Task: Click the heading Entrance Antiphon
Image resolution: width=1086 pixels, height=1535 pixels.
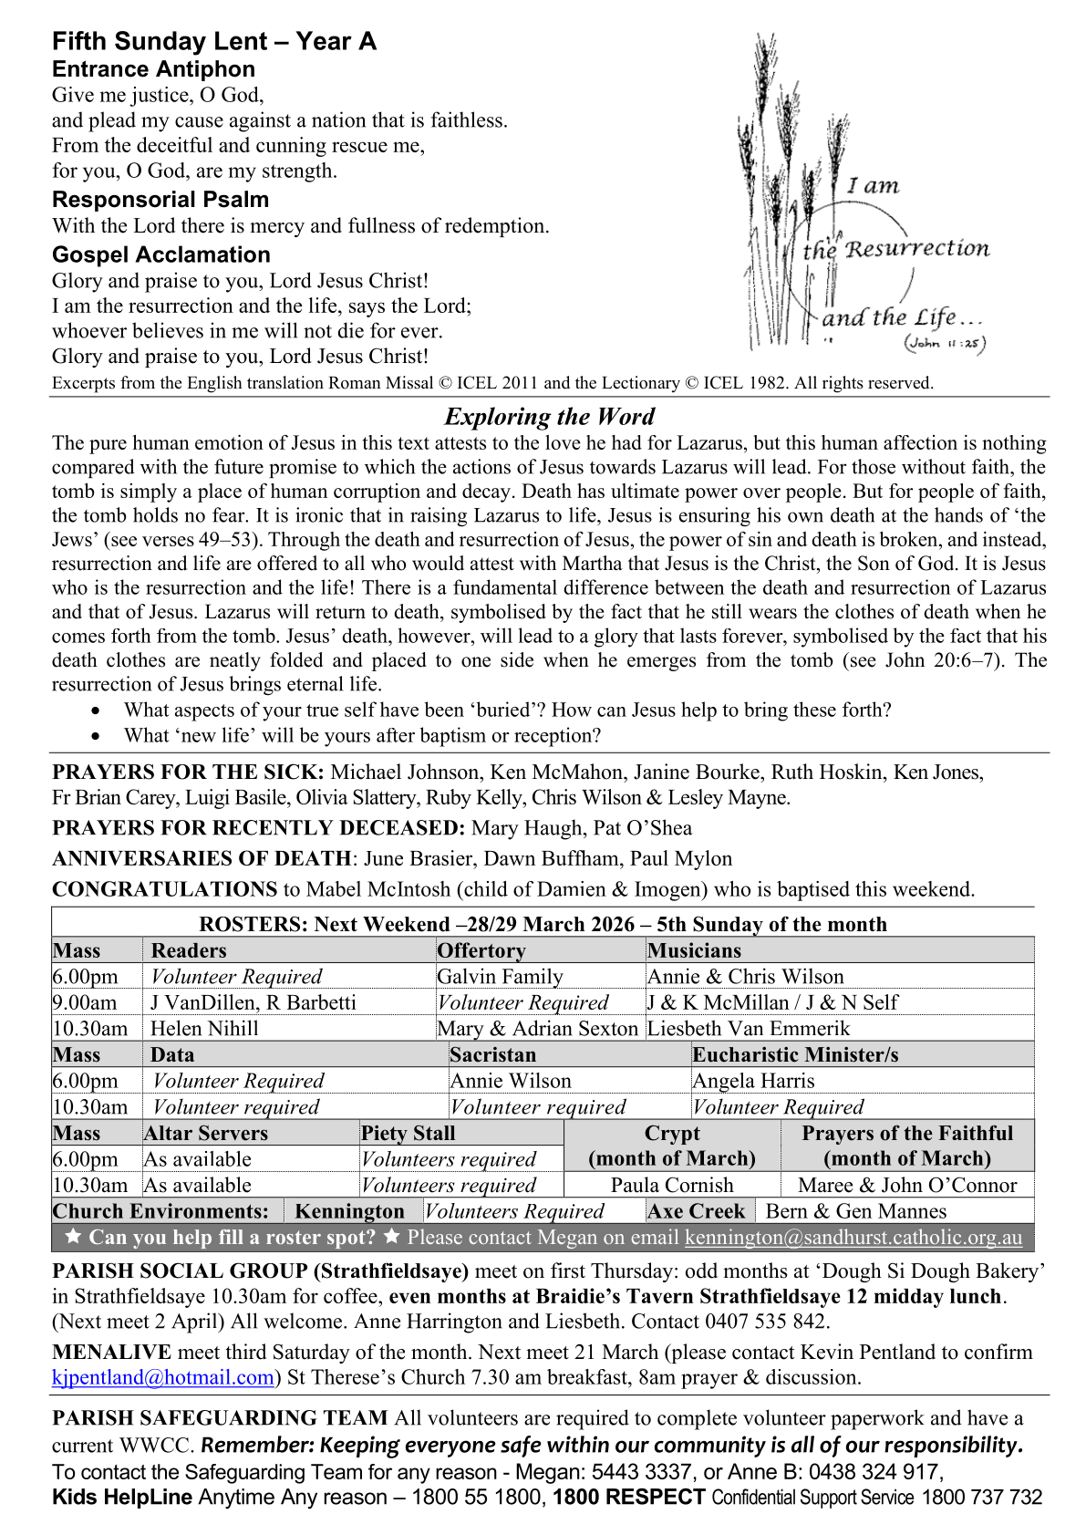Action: point(153,69)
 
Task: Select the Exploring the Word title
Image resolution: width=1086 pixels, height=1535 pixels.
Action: point(549,417)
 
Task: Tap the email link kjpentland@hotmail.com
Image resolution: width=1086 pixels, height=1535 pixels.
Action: point(163,1377)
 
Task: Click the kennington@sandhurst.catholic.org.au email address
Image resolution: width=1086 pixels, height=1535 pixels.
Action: point(853,1237)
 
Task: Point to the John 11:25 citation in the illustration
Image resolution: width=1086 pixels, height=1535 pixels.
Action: point(946,344)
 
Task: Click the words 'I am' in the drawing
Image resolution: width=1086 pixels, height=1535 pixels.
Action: point(873,186)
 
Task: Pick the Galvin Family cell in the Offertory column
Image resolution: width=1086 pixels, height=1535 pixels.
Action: point(501,977)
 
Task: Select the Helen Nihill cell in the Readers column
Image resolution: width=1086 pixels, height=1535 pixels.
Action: point(205,1029)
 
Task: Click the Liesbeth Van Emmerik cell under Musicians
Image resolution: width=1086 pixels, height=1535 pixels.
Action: point(749,1029)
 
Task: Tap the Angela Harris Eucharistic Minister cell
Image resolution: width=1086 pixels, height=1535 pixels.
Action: point(754,1081)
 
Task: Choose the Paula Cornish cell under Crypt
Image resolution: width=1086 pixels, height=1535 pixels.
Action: point(672,1185)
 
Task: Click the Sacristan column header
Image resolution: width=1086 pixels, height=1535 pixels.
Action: point(493,1055)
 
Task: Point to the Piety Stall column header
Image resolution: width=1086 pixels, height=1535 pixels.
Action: point(409,1134)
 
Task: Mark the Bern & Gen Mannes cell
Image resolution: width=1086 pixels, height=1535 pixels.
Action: point(856,1211)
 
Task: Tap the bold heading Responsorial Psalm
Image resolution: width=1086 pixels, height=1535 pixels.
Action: point(160,200)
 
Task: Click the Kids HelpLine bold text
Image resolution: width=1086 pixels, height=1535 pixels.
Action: point(122,1497)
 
